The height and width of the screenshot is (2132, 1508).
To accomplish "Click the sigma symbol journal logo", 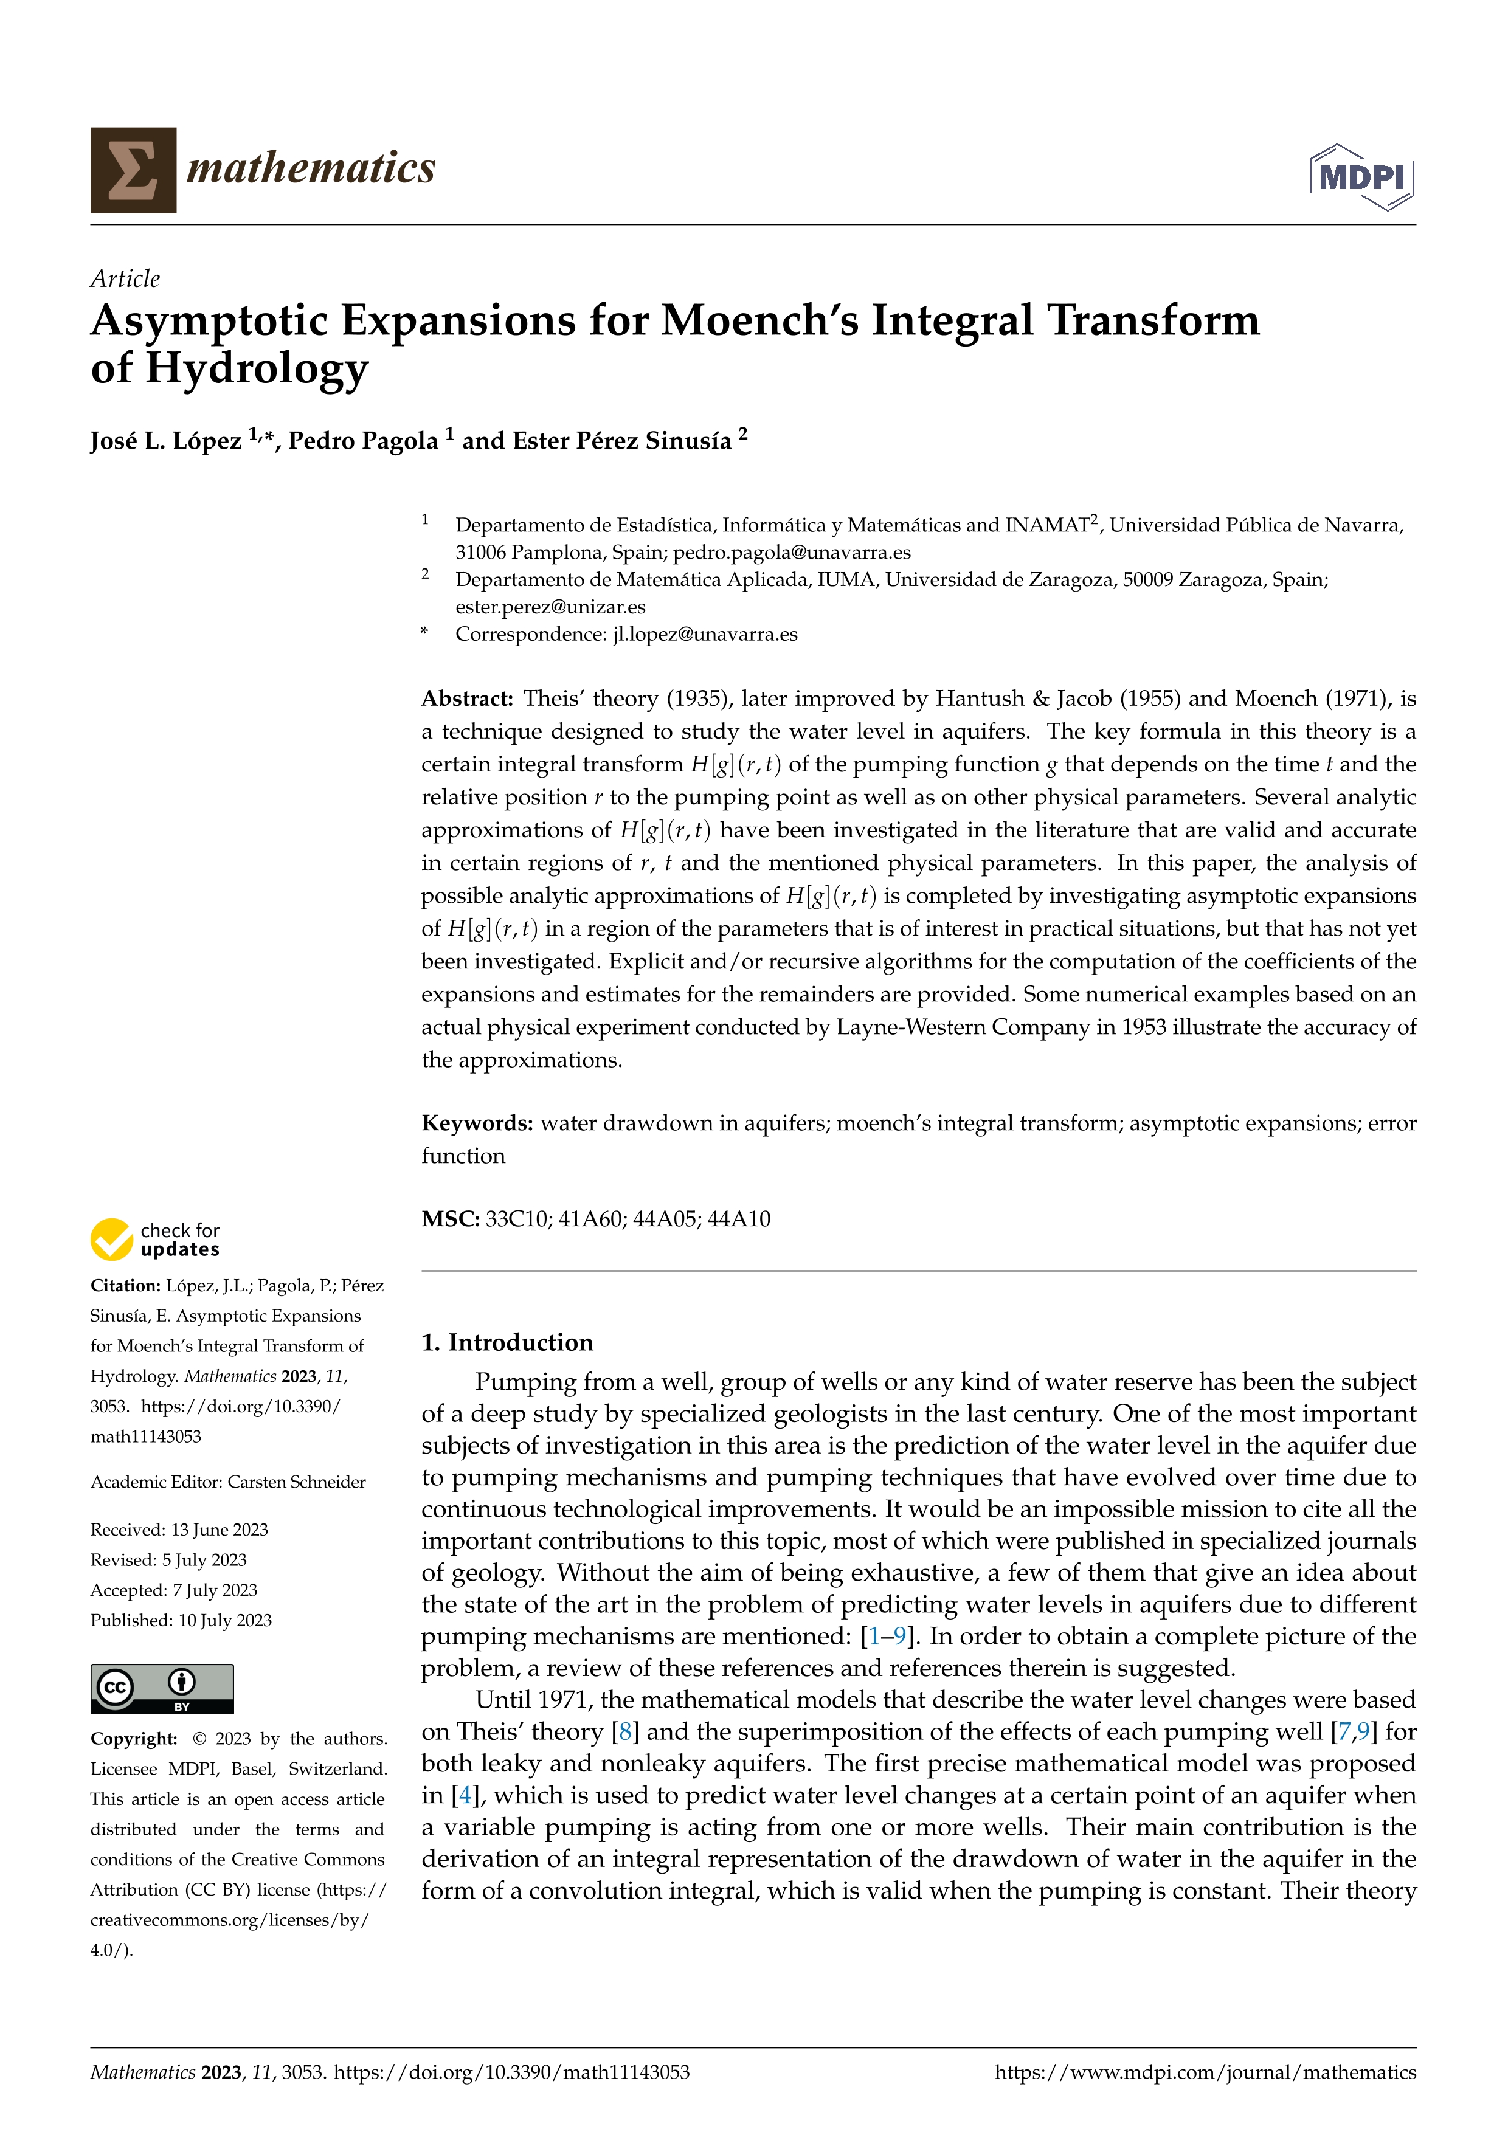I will click(133, 171).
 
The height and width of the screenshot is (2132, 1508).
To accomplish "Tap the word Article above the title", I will click(125, 278).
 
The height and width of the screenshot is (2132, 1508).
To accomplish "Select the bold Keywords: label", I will click(477, 1123).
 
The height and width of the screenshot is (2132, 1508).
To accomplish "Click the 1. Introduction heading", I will click(507, 1343).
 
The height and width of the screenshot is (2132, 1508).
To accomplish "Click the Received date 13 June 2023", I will click(219, 1530).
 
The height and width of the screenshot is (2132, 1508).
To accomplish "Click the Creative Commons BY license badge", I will click(162, 1688).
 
